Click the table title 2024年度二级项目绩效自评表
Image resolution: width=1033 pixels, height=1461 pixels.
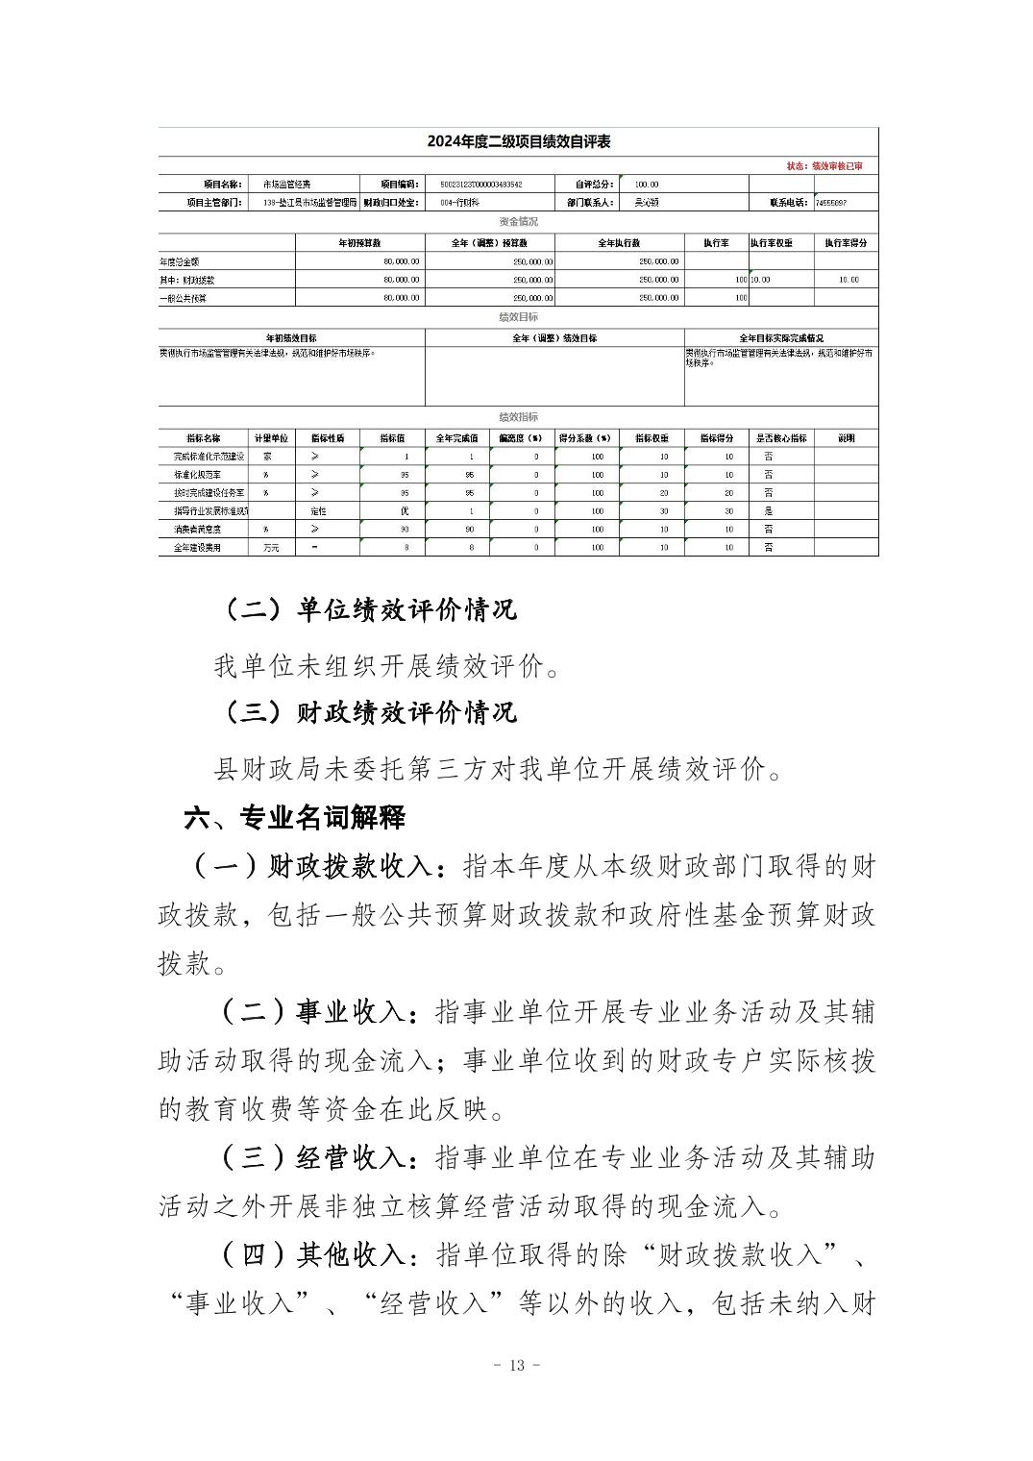click(519, 142)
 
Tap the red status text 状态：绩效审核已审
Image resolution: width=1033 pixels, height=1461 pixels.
click(824, 166)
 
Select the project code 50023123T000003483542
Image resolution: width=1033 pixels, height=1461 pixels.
click(480, 184)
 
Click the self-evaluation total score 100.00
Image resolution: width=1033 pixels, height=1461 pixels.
click(646, 184)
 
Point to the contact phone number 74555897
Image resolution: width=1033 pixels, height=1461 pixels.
click(830, 203)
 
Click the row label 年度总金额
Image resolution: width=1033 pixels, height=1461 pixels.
click(180, 261)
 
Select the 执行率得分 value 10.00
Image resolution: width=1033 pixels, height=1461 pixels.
click(848, 280)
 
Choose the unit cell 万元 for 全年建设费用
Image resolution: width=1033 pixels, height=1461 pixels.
click(271, 548)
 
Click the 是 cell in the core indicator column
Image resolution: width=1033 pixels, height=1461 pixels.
click(768, 511)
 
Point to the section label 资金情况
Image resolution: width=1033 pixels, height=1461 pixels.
click(519, 222)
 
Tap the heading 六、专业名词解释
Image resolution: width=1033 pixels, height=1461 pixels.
click(294, 818)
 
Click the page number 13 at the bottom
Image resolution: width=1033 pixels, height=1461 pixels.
click(517, 1366)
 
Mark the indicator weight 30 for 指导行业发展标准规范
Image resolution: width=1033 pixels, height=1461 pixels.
click(664, 511)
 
